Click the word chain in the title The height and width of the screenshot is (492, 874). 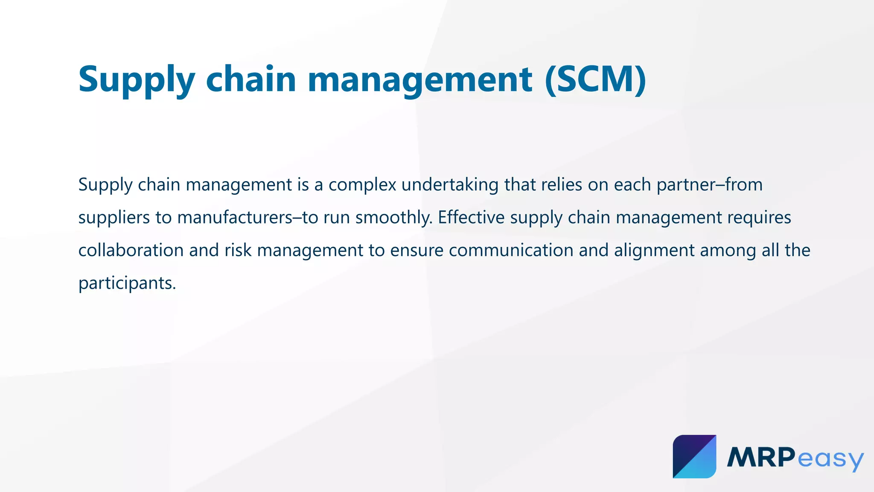pos(251,79)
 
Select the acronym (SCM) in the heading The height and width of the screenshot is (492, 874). pos(595,79)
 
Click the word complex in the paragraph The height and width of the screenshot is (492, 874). pos(362,185)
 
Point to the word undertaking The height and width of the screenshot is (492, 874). pos(450,185)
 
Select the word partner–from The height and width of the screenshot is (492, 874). pos(709,185)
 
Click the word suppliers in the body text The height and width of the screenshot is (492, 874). pos(114,218)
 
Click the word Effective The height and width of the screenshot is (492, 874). pos(471,218)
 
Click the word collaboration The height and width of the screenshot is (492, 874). pos(131,251)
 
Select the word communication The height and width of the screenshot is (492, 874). pos(511,251)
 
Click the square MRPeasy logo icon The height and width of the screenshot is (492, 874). pos(694,457)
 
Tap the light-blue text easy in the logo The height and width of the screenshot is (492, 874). pos(830,459)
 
